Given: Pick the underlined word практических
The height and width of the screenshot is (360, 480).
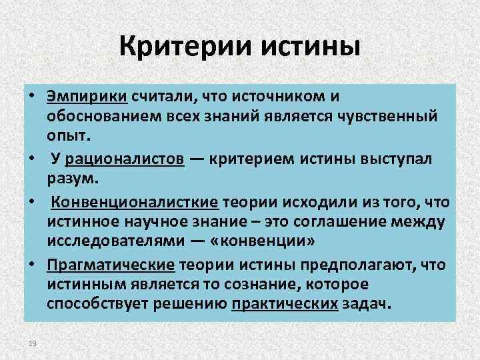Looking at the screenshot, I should pos(285,305).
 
